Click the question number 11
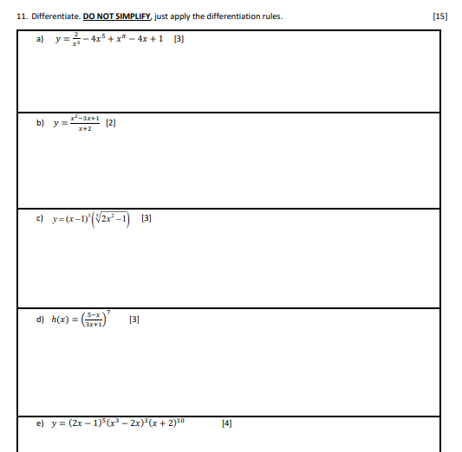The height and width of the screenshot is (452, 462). (22, 16)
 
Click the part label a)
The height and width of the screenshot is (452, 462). (40, 39)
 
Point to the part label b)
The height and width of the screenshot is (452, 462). (40, 123)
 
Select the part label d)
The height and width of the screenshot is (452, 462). (40, 320)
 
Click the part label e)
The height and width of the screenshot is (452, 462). (40, 424)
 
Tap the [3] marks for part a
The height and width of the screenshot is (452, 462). (179, 39)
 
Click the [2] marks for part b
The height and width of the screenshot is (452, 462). (110, 123)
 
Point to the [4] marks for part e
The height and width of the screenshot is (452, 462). (227, 424)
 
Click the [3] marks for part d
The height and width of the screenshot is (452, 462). (133, 320)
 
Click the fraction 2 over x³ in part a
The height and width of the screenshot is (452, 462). (75, 39)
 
